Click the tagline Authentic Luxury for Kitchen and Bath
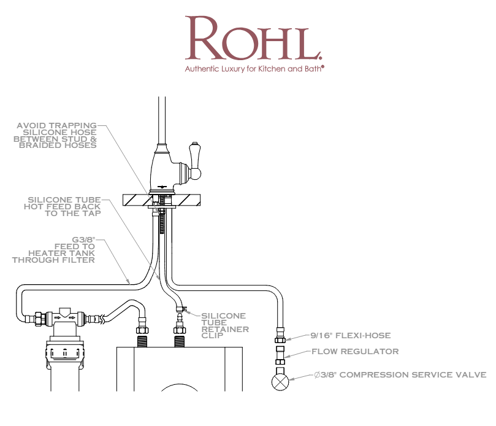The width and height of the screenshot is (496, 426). click(254, 69)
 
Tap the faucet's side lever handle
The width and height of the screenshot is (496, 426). click(194, 160)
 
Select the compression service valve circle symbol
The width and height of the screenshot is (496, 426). click(281, 381)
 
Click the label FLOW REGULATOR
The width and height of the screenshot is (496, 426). click(355, 352)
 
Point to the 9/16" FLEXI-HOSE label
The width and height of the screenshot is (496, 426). click(351, 336)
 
